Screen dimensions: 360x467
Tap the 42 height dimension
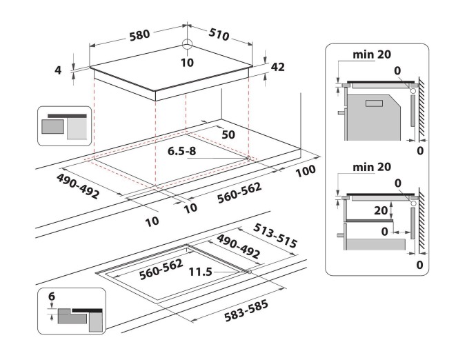click(x=278, y=67)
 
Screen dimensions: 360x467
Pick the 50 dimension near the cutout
click(x=228, y=134)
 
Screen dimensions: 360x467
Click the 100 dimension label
click(x=305, y=170)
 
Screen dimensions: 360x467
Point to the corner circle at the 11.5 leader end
click(x=246, y=272)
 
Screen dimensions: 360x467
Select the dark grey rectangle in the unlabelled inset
click(x=53, y=126)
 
